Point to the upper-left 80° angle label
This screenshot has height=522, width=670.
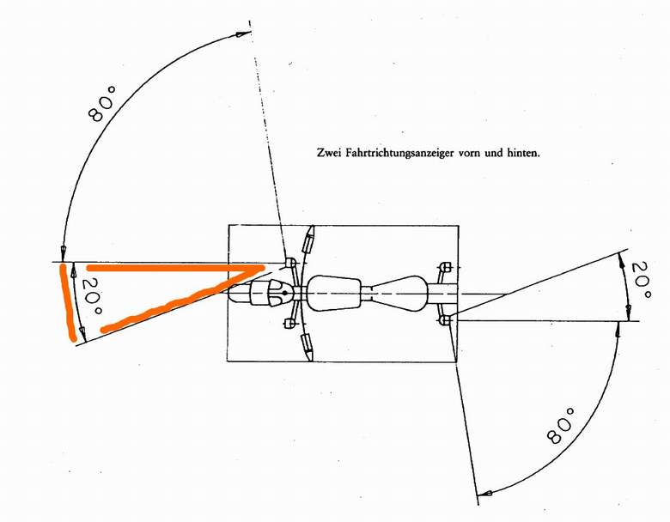click(x=102, y=104)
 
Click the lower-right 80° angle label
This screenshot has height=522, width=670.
click(x=560, y=426)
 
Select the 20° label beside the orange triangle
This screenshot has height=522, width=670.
click(x=91, y=296)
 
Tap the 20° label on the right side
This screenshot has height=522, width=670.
click(x=641, y=280)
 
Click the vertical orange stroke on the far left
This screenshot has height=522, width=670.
click(x=68, y=302)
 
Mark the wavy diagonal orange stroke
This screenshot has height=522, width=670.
click(x=180, y=300)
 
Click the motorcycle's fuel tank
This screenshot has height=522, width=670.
click(x=334, y=293)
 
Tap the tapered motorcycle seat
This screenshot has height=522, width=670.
click(x=399, y=294)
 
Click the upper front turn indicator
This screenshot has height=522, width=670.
click(x=289, y=262)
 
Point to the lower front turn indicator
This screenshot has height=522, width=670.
click(x=289, y=325)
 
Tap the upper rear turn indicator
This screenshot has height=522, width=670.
click(x=446, y=266)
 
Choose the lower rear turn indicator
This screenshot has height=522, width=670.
click(x=446, y=319)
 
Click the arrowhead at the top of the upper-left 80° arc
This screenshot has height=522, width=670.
click(x=244, y=34)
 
